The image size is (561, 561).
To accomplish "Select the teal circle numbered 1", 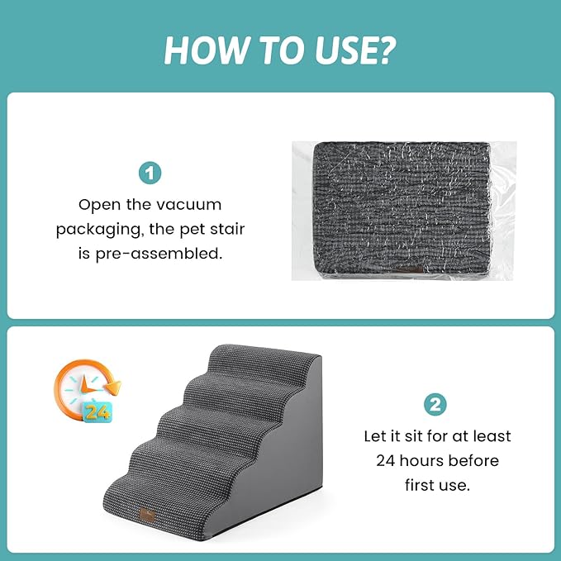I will coord(150,174).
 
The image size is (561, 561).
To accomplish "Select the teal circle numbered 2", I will coord(435,405).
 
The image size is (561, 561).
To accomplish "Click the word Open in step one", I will coord(97,203).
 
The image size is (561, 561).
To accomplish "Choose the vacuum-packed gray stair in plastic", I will coord(403,209).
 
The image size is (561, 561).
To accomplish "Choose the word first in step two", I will coord(422,484).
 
